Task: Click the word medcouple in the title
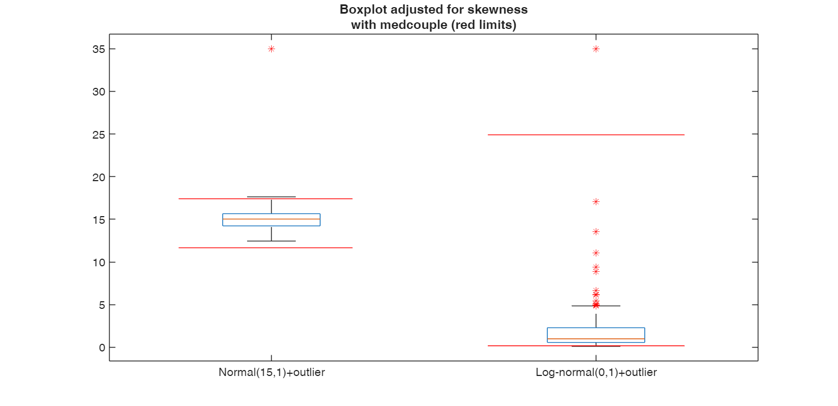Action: [x=397, y=25]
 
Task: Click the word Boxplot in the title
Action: [x=361, y=9]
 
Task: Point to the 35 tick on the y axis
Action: [x=99, y=49]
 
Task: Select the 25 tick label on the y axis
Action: [x=99, y=134]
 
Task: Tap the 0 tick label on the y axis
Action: [x=102, y=348]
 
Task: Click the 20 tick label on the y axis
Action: [x=99, y=177]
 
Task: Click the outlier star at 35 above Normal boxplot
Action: [x=271, y=49]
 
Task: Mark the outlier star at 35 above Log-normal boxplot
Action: [x=596, y=49]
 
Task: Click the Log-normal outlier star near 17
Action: [x=596, y=201]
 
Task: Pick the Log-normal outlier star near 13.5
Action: [x=596, y=231]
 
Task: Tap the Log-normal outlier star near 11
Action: [x=596, y=253]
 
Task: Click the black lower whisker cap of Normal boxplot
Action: [x=271, y=241]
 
